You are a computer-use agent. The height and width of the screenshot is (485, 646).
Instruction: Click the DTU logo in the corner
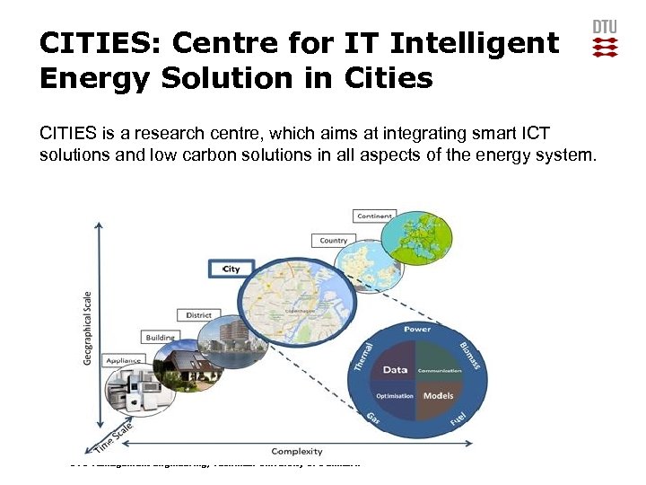(x=606, y=40)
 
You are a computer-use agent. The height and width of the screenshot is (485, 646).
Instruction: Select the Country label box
(x=333, y=240)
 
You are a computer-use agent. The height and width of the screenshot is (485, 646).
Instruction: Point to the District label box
(x=198, y=315)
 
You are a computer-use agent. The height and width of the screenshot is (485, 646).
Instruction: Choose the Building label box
(x=161, y=338)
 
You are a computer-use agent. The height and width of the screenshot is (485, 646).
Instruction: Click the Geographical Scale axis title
(x=87, y=327)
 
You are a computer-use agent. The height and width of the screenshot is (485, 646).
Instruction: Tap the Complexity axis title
(x=297, y=452)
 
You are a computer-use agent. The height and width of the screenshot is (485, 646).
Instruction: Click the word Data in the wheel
(x=396, y=369)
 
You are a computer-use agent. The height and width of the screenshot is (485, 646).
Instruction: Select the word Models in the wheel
(x=439, y=395)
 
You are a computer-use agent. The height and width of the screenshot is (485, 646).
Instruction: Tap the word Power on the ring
(x=417, y=329)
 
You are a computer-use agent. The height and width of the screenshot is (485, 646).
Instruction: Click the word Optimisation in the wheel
(x=394, y=396)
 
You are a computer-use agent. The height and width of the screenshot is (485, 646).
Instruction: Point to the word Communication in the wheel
(x=440, y=369)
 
